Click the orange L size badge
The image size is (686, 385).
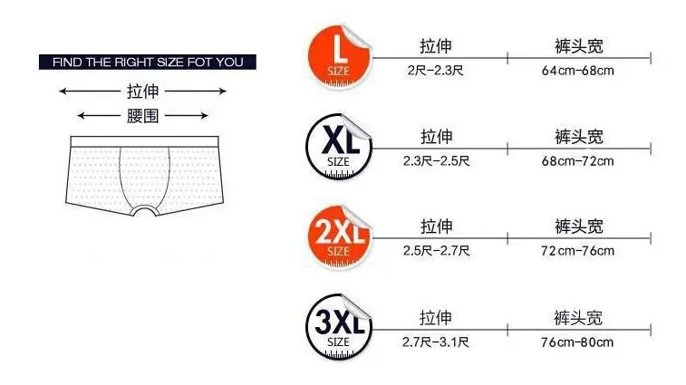click(338, 55)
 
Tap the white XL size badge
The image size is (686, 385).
click(338, 145)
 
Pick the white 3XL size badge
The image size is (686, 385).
click(338, 325)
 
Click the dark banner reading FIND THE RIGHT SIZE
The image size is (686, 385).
click(148, 63)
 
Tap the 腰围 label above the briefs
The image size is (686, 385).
click(143, 115)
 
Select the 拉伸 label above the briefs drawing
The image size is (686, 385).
click(143, 91)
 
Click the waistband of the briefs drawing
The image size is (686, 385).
click(143, 141)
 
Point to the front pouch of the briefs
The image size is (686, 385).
click(145, 181)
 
